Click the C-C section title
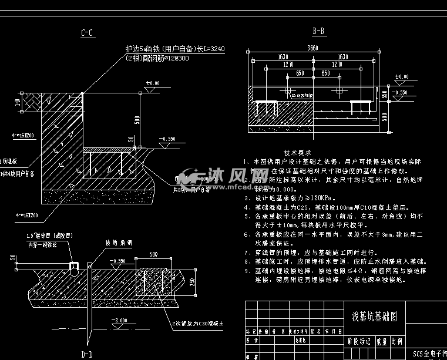click(x=87, y=33)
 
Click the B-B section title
click(x=319, y=31)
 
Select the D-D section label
click(x=87, y=354)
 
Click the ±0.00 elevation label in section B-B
click(x=401, y=77)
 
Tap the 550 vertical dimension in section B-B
click(x=384, y=95)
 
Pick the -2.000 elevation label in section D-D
click(x=120, y=320)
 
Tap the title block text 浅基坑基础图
click(x=374, y=316)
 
